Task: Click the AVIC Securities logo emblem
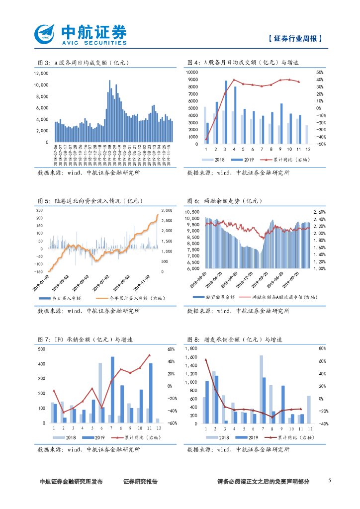coord(47,34)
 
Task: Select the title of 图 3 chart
coord(84,63)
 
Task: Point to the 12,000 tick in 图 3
coord(41,73)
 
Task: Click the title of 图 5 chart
coord(90,201)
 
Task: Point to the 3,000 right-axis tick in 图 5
coord(166,209)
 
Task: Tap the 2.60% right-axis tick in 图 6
coord(319,212)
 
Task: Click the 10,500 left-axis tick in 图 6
coord(192,212)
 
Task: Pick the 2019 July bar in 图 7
coord(113,389)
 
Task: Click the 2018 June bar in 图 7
coord(100,393)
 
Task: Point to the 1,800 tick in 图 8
coord(191,349)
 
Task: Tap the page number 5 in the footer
coord(330,481)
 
